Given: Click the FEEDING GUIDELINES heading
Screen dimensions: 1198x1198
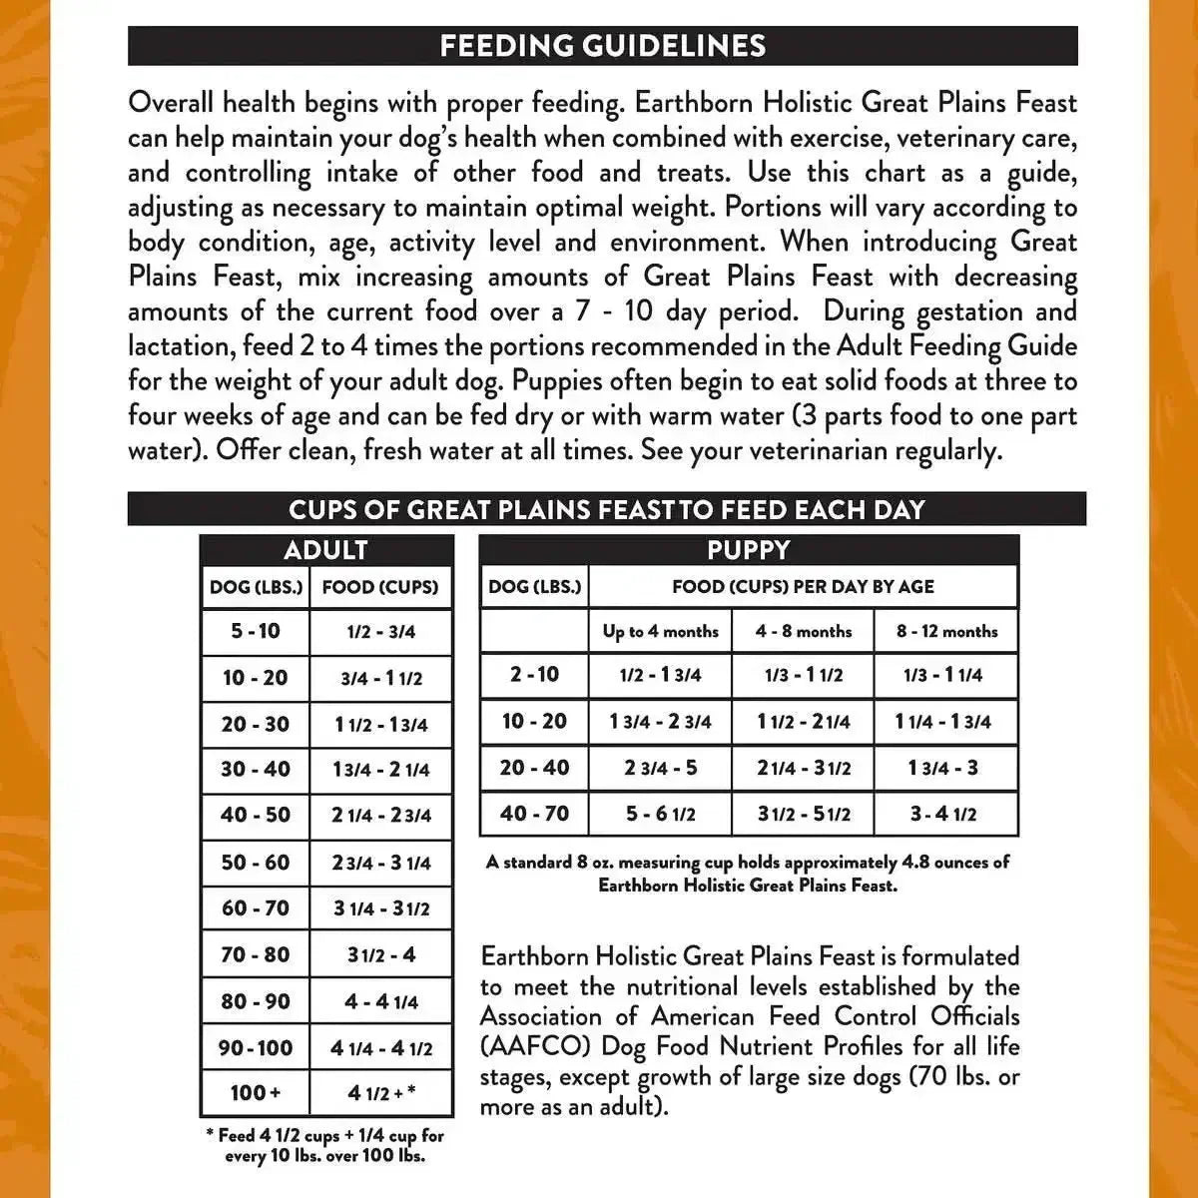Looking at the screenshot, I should [603, 46].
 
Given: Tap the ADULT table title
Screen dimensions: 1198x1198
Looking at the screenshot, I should [326, 550].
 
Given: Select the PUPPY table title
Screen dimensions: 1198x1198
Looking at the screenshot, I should [749, 550].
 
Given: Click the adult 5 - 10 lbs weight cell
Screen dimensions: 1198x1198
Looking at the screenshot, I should [256, 631].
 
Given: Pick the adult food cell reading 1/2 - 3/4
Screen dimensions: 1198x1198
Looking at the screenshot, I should [381, 632].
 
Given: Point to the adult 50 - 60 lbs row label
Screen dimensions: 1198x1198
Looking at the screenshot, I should [256, 862].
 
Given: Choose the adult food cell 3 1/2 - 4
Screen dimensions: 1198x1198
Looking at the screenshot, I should [381, 955].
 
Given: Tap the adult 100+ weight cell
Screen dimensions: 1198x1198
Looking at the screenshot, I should [256, 1093].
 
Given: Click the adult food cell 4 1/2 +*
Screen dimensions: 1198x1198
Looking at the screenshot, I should [381, 1093].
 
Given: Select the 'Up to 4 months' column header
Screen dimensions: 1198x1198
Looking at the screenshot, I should [660, 631].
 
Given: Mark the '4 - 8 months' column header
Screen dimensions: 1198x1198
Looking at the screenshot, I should [804, 631].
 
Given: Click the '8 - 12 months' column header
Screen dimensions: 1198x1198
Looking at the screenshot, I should [946, 631].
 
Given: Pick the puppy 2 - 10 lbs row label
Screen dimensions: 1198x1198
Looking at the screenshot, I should [534, 674].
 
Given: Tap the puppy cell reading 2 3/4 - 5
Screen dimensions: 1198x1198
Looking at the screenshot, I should [660, 768].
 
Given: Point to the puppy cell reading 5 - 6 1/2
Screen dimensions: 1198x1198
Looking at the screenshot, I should [660, 815].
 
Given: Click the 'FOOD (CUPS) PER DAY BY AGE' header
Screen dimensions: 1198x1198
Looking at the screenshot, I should [803, 587].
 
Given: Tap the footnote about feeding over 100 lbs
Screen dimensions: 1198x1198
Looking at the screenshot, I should [325, 1145].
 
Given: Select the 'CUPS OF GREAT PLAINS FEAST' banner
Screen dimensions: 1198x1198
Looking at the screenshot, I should [607, 509].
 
